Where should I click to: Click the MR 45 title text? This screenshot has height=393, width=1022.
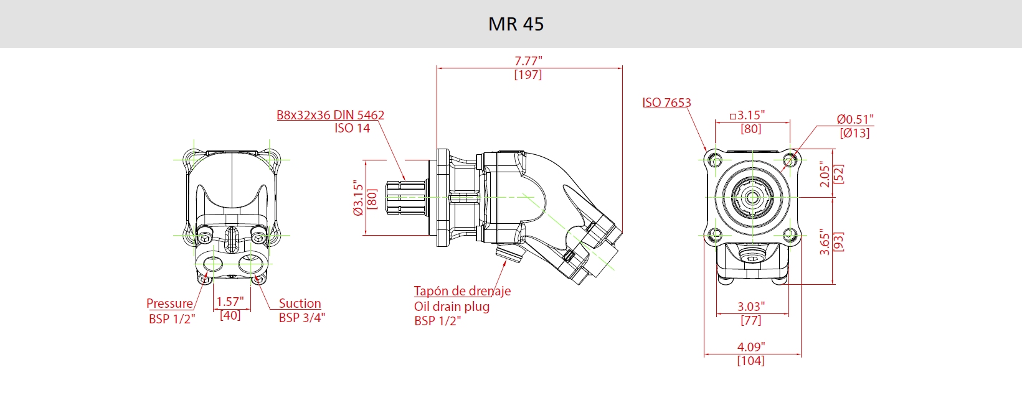(516, 24)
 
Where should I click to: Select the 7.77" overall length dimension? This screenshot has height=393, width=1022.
(528, 61)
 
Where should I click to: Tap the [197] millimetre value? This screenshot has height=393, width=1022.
(528, 75)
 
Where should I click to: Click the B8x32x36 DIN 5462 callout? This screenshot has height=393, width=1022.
(330, 115)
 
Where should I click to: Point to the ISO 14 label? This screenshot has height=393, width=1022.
(352, 128)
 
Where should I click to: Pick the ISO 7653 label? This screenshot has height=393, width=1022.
(666, 103)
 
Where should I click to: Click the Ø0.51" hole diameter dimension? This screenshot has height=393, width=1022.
(854, 119)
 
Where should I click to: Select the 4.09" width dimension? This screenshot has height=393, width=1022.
(750, 347)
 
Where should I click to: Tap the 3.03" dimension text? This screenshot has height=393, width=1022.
(750, 307)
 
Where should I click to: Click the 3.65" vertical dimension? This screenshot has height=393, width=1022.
(825, 241)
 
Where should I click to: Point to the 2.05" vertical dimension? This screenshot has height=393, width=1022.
(825, 174)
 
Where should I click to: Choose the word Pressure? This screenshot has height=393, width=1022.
(169, 303)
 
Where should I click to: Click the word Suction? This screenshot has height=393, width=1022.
(300, 303)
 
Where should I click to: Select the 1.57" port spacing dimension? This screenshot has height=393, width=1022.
(230, 302)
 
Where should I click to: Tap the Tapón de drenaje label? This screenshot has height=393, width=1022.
(462, 291)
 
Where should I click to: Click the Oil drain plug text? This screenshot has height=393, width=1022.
(452, 307)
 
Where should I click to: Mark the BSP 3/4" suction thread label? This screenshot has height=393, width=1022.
(301, 318)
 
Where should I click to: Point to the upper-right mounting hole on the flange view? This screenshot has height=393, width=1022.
(789, 160)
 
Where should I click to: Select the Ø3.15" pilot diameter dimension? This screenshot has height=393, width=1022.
(358, 198)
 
